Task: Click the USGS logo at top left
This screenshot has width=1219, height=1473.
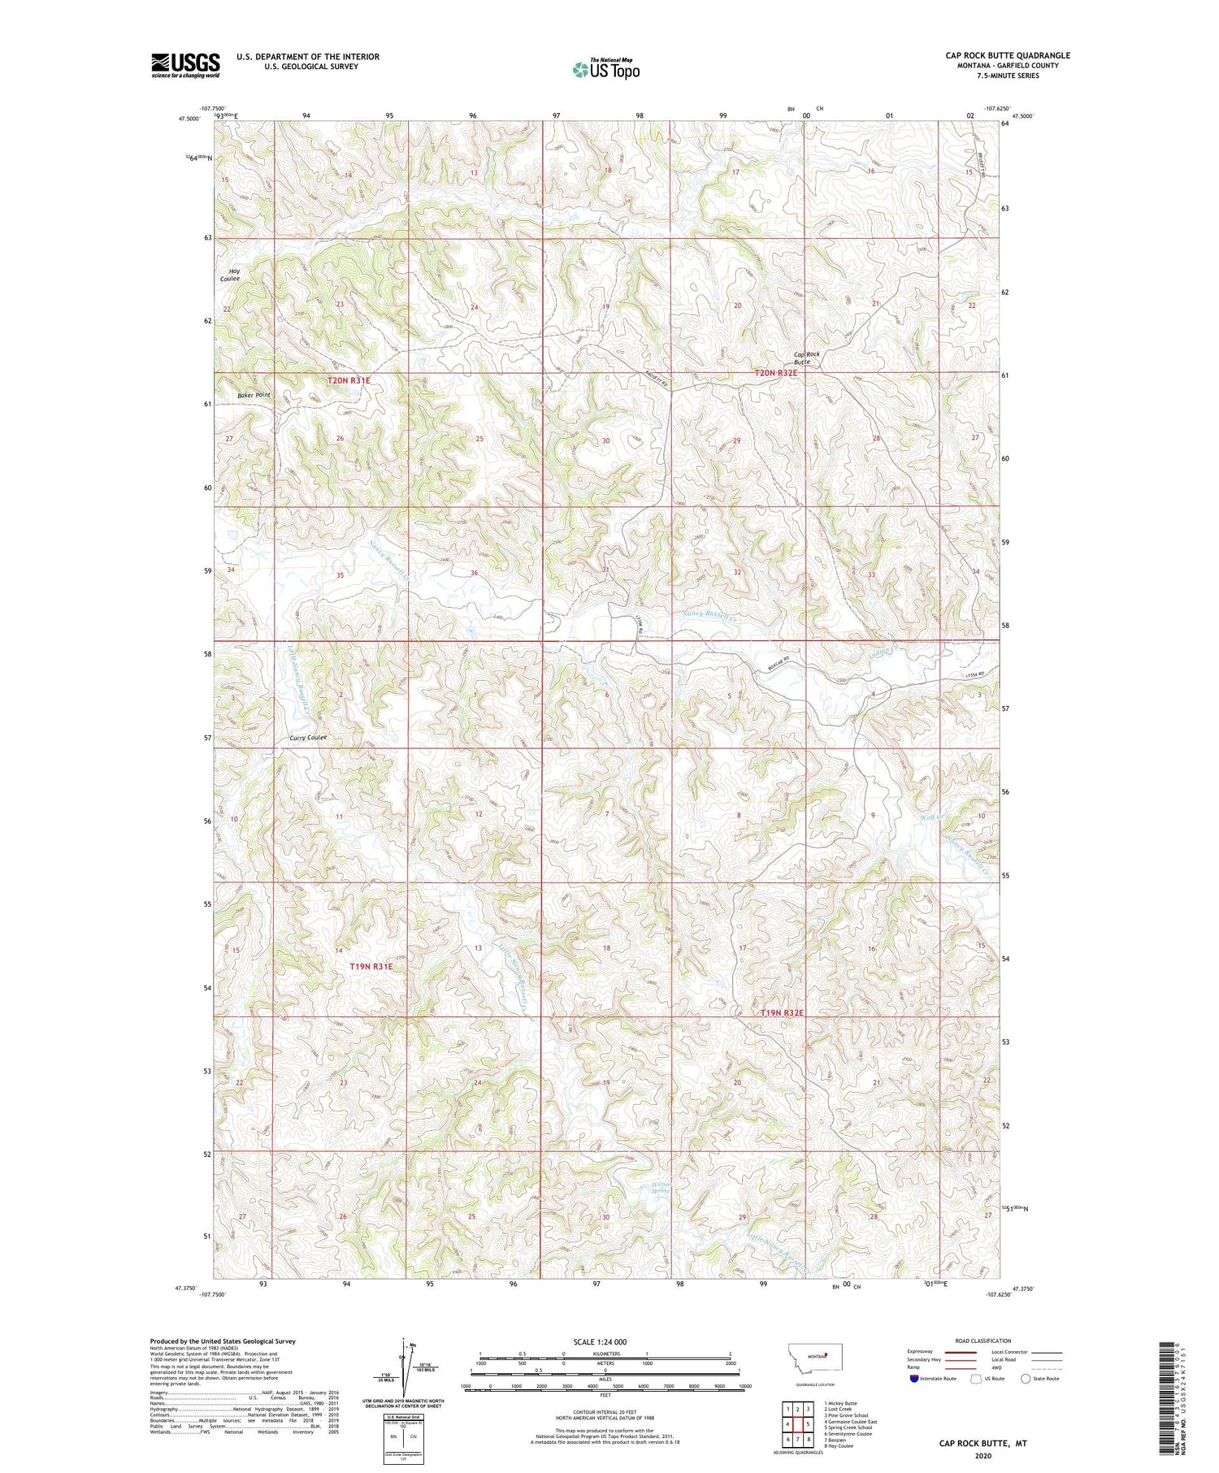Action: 185,65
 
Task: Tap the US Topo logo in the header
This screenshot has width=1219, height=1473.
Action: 605,70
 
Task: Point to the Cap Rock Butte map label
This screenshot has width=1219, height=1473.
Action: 807,357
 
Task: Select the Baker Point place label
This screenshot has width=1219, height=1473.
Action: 254,395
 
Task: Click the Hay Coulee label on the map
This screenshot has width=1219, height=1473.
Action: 229,275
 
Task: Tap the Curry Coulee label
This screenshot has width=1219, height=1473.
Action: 308,738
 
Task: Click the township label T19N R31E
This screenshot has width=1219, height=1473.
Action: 371,967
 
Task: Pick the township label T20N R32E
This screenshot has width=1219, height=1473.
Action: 776,373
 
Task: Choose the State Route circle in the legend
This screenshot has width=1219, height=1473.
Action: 1026,1378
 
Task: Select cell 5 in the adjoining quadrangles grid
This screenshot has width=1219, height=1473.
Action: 808,1424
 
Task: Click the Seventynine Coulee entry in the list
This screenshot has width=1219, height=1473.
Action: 848,1433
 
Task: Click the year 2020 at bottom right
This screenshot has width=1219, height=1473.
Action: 981,1456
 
